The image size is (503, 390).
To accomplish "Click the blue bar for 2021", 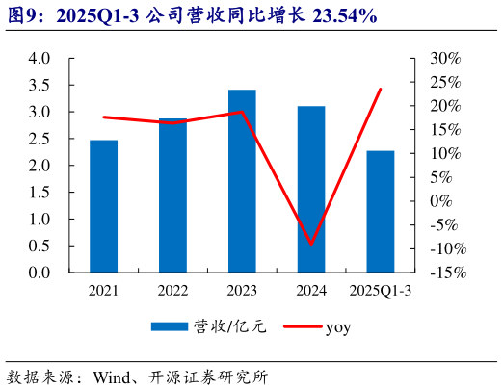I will click(x=103, y=207).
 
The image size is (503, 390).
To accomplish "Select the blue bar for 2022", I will click(x=172, y=196).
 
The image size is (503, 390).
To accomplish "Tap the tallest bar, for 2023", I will click(x=242, y=182).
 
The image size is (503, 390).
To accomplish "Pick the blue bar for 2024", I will click(x=311, y=190).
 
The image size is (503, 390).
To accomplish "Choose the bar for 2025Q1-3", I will click(x=381, y=212).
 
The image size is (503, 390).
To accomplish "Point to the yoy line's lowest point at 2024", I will click(x=311, y=244).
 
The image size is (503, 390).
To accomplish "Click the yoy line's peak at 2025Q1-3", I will click(x=381, y=89).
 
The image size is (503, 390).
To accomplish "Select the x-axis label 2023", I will click(x=242, y=290).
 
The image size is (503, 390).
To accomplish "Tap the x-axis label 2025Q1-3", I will click(x=381, y=290).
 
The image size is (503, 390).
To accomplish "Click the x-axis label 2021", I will click(x=103, y=290).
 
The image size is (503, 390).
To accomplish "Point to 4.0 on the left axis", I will click(x=39, y=58).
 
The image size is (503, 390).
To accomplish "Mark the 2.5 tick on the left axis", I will click(x=39, y=139).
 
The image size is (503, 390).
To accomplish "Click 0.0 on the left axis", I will click(x=39, y=273).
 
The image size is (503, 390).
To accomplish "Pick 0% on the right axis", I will click(x=441, y=201).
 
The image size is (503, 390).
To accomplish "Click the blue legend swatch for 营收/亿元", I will click(x=170, y=327).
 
